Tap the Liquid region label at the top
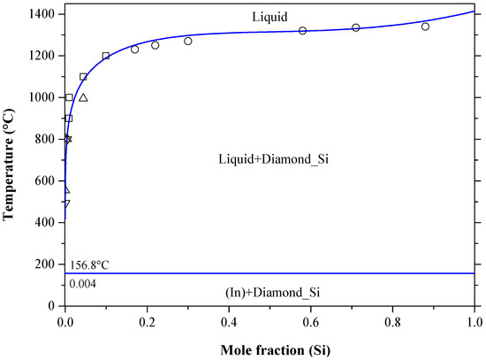(270, 15)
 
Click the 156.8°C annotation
(88, 264)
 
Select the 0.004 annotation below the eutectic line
(81, 282)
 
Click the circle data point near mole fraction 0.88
(425, 27)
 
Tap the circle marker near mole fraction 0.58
(302, 31)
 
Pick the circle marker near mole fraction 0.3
(188, 41)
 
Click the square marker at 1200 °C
(106, 56)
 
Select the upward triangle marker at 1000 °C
(83, 97)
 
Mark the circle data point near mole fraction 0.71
(355, 27)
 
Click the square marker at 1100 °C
(83, 77)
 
